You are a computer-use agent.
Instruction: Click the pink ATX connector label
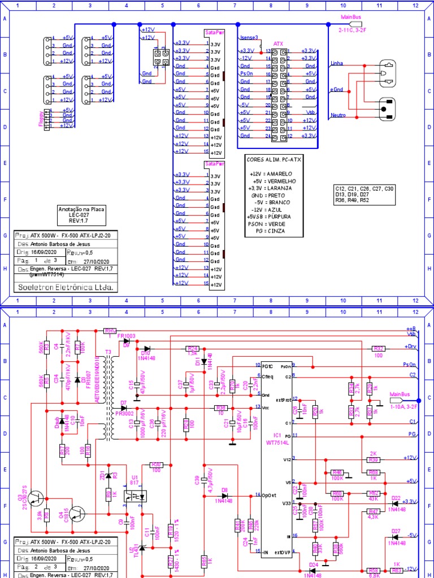click(x=278, y=43)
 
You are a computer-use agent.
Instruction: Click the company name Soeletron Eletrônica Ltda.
click(x=64, y=287)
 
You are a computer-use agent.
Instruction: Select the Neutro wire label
click(x=337, y=115)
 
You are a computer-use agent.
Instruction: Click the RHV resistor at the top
click(x=110, y=330)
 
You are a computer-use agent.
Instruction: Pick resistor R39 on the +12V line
click(x=374, y=459)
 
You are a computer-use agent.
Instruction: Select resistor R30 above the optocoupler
click(x=156, y=465)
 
